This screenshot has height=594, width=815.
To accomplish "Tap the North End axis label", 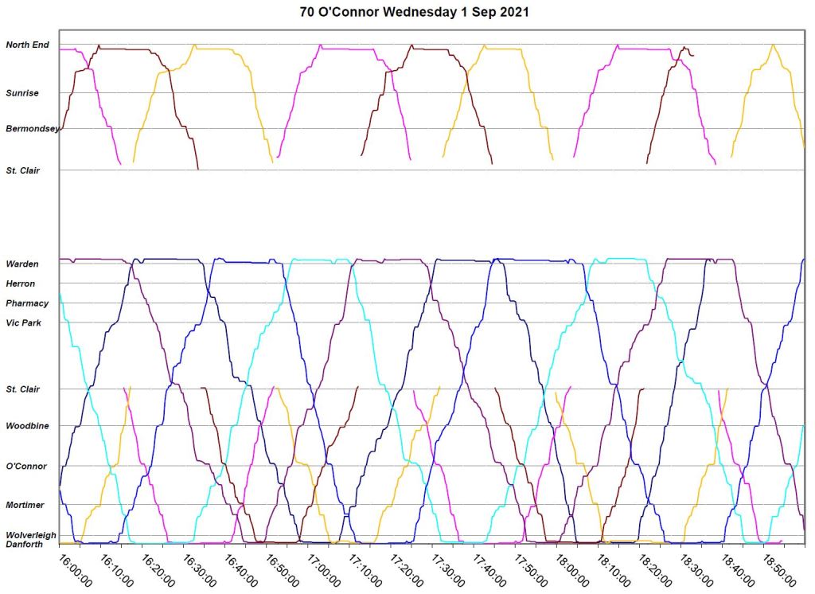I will click(x=27, y=45).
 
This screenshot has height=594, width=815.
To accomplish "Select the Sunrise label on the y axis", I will click(x=22, y=93).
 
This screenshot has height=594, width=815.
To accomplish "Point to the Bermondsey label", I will click(x=31, y=129).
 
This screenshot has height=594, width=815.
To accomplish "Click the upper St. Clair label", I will click(x=23, y=170).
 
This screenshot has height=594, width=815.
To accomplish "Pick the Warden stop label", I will click(x=22, y=264).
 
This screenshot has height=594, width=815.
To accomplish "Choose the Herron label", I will click(x=21, y=283).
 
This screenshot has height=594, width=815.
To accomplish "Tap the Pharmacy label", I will click(x=27, y=303).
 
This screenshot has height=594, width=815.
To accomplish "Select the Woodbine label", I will click(x=27, y=427).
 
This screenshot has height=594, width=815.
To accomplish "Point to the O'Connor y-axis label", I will click(x=26, y=467).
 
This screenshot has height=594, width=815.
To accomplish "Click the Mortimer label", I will click(x=25, y=506).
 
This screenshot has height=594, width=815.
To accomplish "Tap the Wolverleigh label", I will click(x=31, y=535).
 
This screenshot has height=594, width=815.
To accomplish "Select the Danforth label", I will click(x=25, y=545).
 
